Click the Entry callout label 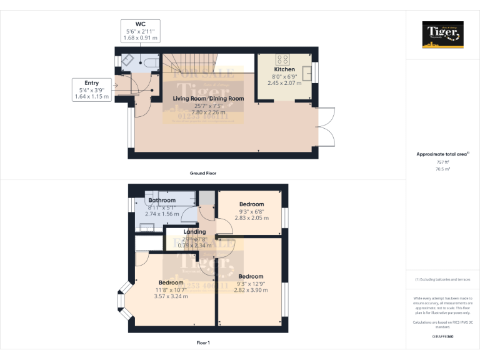[x=91, y=83]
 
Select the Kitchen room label [x=284, y=69]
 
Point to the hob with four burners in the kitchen [x=283, y=60]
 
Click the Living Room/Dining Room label [x=208, y=99]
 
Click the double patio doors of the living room [x=327, y=126]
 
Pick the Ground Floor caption [x=203, y=172]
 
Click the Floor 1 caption [x=203, y=343]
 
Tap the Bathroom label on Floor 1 [x=162, y=200]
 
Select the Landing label [x=194, y=232]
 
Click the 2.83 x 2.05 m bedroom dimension [x=251, y=218]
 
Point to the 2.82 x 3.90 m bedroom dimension [x=250, y=290]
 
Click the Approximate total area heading [x=442, y=154]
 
